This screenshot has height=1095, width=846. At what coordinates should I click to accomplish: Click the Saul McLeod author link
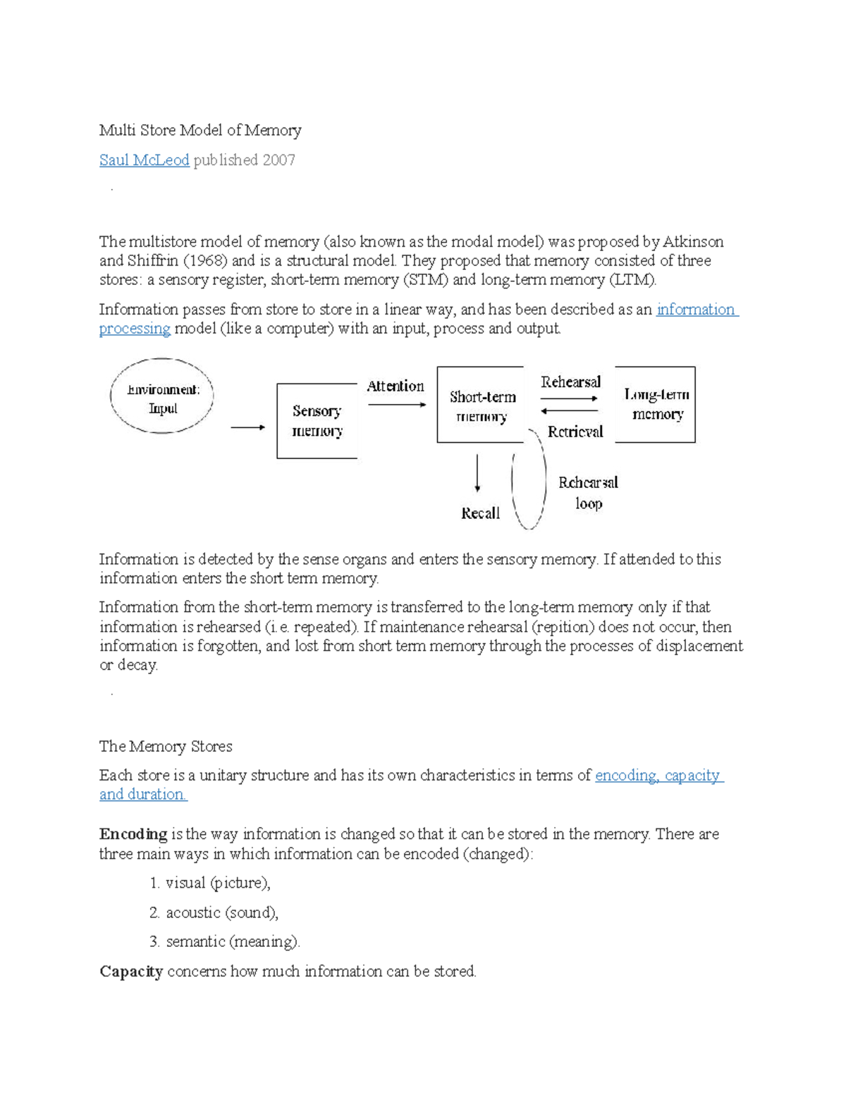point(144,160)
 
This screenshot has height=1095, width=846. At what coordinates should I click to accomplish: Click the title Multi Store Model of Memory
point(200,130)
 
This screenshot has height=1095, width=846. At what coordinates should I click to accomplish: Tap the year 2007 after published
point(278,160)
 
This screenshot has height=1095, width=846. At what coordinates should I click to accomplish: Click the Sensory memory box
point(317,421)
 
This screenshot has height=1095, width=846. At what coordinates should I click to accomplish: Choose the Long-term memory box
point(656,404)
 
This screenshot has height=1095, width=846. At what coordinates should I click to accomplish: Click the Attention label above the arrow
point(395,386)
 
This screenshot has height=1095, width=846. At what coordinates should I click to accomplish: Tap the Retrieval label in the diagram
point(575,432)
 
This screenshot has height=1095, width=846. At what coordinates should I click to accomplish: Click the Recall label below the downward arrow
point(480,513)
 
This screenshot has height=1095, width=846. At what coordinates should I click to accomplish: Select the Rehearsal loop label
point(588,492)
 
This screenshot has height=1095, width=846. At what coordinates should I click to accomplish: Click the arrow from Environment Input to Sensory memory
point(247,427)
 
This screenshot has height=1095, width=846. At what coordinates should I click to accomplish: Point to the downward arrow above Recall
point(478,473)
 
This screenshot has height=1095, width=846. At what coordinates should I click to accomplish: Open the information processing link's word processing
point(135,329)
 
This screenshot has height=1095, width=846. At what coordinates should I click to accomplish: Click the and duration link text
point(142,795)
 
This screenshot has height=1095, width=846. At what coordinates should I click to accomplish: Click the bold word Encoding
point(133,834)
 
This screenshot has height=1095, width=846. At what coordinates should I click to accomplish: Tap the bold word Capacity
point(131,972)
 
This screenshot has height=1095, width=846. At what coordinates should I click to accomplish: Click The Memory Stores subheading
point(166,746)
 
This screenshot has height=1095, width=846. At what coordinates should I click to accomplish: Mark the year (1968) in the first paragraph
point(205,261)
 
